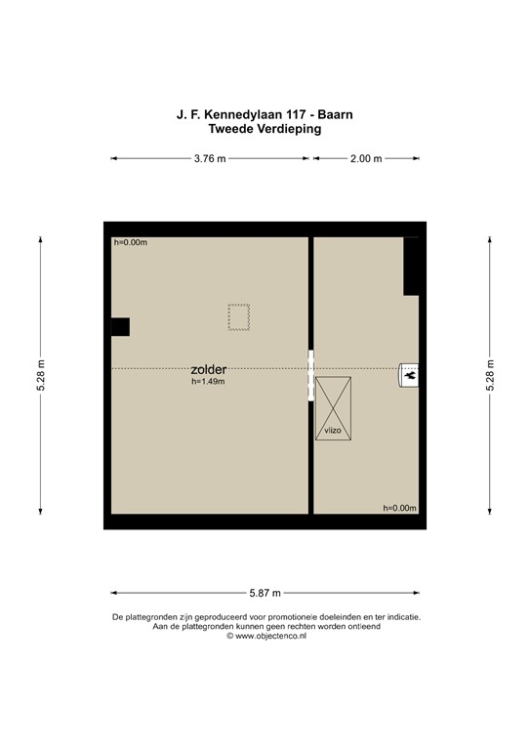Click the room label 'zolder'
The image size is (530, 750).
point(209,370)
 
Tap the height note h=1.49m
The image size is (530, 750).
point(209,383)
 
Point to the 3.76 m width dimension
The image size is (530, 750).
point(210,158)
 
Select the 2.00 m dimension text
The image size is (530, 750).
point(365,158)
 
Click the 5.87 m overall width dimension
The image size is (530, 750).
point(264,593)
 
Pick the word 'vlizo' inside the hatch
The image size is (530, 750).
point(332,430)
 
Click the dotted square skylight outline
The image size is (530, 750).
point(239,317)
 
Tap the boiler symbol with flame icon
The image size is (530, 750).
point(411,373)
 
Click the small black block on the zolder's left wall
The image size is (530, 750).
point(119,327)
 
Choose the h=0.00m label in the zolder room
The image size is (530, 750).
point(130,242)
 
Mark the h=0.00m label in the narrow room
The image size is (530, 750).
point(399,508)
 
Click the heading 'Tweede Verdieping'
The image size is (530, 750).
point(265,128)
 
